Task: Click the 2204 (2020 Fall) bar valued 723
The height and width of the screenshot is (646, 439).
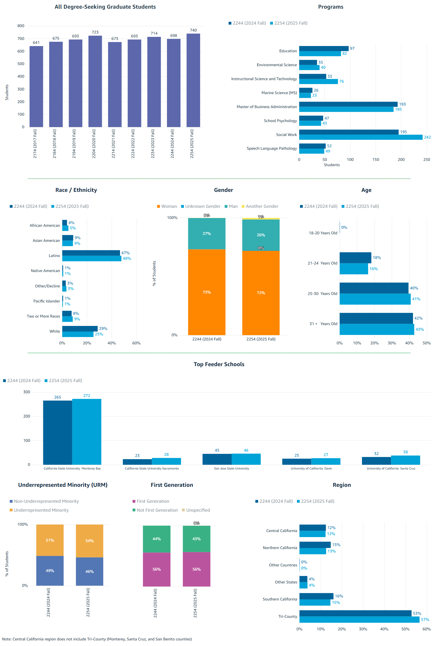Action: pyautogui.click(x=95, y=81)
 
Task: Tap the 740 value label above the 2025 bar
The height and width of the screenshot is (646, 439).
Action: pyautogui.click(x=193, y=30)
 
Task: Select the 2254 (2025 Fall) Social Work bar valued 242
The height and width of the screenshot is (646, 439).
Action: pyautogui.click(x=361, y=137)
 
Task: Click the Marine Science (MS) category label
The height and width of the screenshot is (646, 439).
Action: pyautogui.click(x=279, y=93)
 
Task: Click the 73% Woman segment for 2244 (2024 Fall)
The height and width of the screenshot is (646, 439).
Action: pyautogui.click(x=207, y=292)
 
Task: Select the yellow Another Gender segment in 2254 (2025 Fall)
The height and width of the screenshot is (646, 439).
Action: pyautogui.click(x=261, y=218)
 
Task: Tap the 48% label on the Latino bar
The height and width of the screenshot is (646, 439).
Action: pyautogui.click(x=127, y=259)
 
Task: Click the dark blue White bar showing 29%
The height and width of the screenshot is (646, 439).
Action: pyautogui.click(x=80, y=329)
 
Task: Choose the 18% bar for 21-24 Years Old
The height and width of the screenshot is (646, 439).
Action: pyautogui.click(x=355, y=258)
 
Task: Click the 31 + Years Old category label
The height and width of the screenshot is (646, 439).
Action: pyautogui.click(x=323, y=324)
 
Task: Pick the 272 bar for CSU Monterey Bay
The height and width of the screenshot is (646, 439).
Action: pyautogui.click(x=87, y=432)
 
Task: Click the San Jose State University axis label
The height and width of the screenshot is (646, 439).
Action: pyautogui.click(x=231, y=469)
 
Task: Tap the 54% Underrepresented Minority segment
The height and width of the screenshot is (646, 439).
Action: pyautogui.click(x=89, y=541)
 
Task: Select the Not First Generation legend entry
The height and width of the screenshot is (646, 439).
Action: pyautogui.click(x=157, y=510)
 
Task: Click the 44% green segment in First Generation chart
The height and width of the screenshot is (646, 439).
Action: pyautogui.click(x=157, y=539)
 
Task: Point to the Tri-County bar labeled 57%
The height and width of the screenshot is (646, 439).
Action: pyautogui.click(x=359, y=620)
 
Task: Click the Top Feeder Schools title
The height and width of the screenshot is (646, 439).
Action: pyautogui.click(x=219, y=364)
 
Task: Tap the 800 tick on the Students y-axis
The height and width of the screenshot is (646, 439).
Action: pyautogui.click(x=21, y=26)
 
